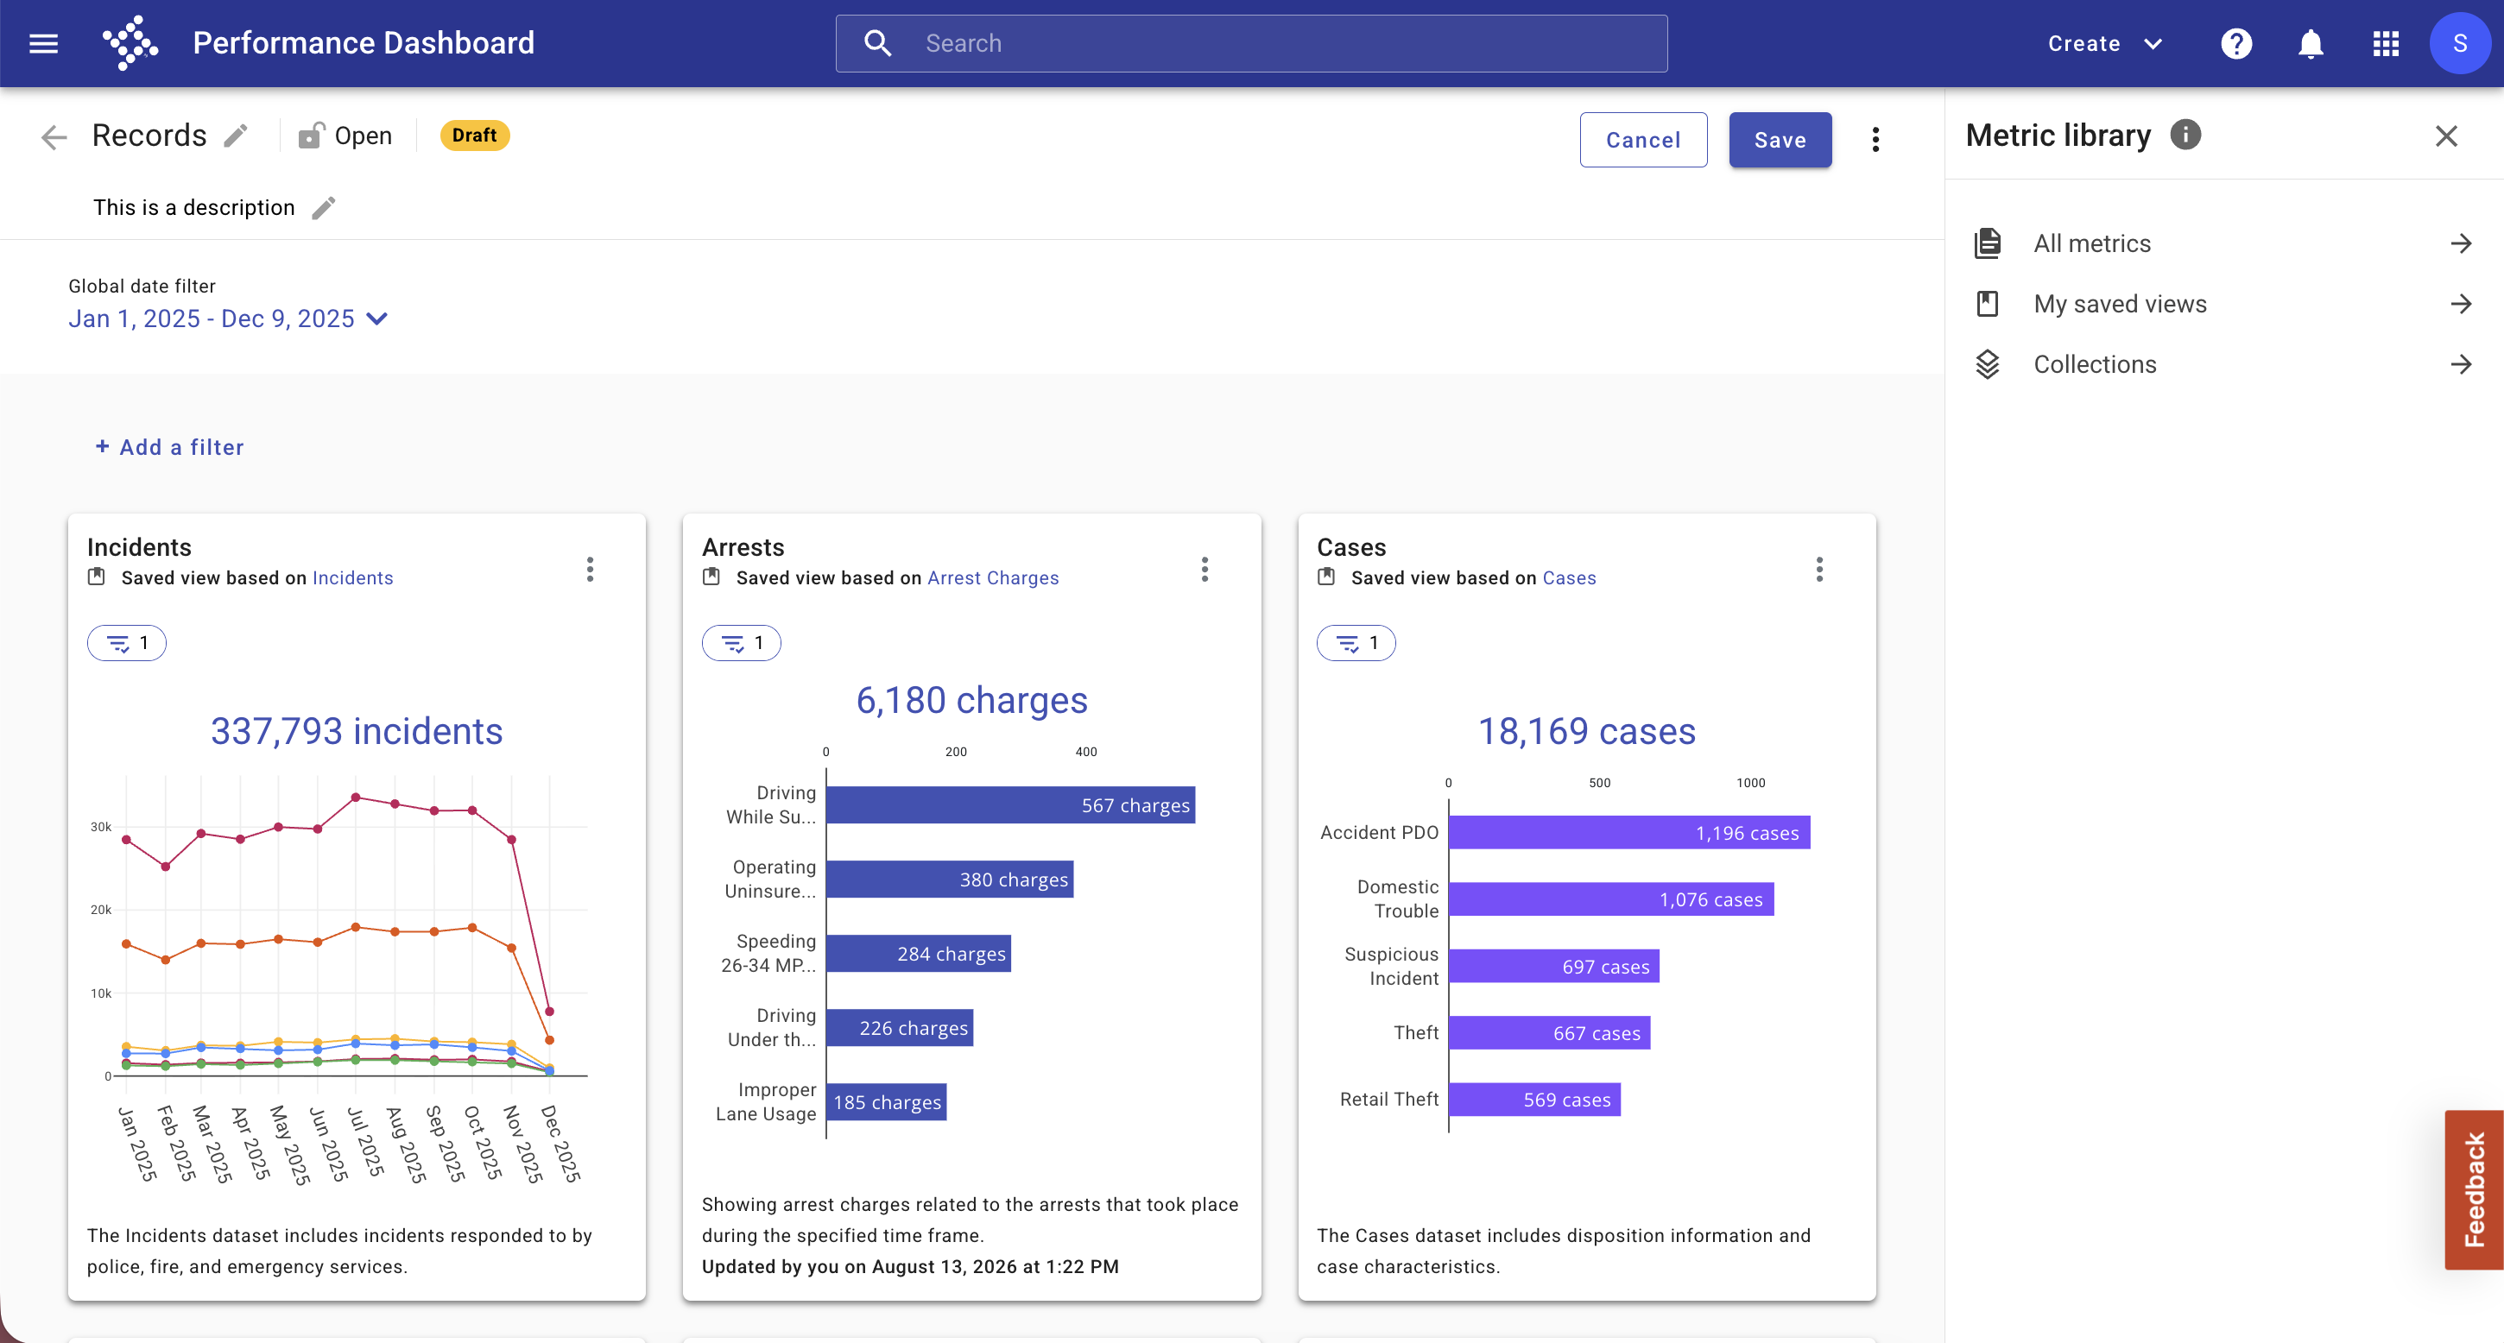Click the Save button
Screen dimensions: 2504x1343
point(1780,140)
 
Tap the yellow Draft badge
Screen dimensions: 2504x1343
point(474,136)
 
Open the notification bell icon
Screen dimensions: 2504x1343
point(2311,44)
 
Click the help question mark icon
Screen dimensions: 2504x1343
point(2236,44)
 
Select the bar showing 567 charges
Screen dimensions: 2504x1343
point(1010,804)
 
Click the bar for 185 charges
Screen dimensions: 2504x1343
point(887,1102)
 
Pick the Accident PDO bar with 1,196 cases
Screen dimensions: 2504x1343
point(1629,833)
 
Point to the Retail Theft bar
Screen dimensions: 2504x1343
point(1535,1099)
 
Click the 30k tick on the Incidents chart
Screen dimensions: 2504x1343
point(101,827)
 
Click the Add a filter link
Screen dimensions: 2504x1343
point(170,447)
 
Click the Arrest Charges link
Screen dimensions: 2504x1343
point(992,578)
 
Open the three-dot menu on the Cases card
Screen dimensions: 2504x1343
point(1819,570)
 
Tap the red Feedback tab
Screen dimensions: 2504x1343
point(2474,1189)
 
